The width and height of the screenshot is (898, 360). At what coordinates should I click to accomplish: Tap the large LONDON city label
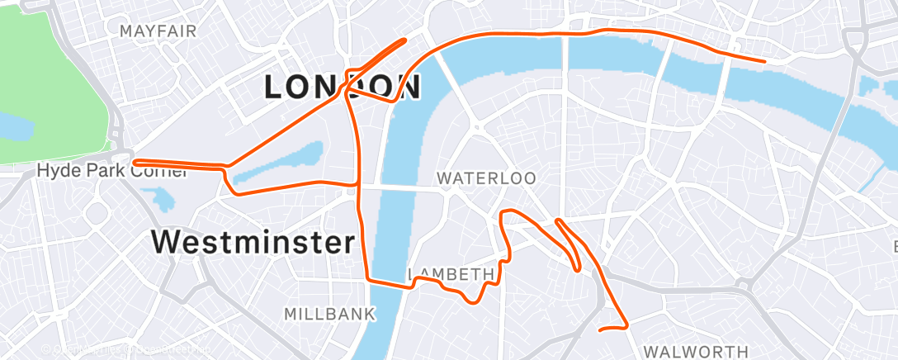pos(343,86)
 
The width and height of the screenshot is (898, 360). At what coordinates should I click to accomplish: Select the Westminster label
pos(253,243)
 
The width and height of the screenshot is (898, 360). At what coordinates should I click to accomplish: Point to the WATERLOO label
pos(486,178)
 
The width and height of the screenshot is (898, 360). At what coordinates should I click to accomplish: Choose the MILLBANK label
pos(329,315)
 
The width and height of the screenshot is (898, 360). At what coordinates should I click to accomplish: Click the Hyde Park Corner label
pos(112,172)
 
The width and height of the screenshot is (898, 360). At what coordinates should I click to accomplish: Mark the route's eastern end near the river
pos(764,61)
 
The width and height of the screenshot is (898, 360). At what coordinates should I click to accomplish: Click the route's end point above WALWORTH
pos(600,330)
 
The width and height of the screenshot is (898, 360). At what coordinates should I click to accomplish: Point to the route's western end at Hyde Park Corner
pos(135,162)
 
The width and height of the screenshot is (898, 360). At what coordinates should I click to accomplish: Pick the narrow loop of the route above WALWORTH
pos(570,244)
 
